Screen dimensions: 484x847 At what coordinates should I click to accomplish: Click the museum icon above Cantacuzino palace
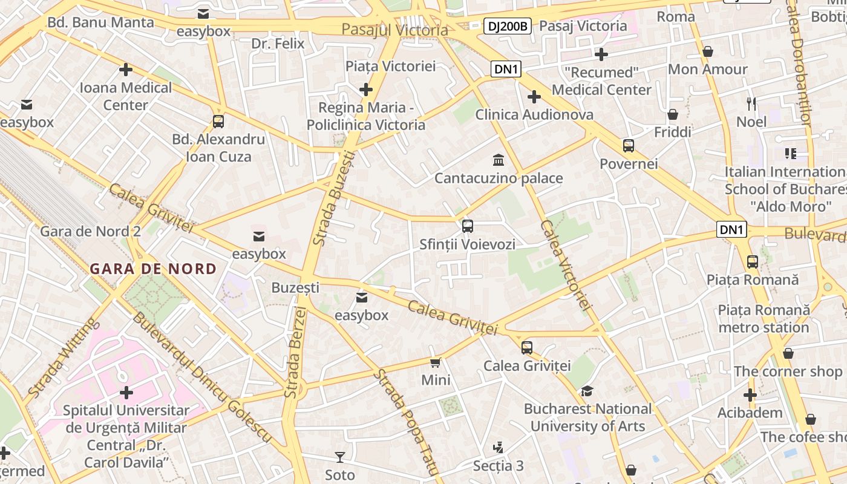[x=499, y=160]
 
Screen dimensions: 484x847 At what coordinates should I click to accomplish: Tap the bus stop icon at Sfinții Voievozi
[x=467, y=226]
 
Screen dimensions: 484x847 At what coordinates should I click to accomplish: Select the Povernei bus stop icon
[x=629, y=146]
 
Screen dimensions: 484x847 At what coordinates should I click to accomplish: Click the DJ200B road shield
[x=508, y=26]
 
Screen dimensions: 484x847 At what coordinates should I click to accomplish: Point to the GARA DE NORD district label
[x=153, y=269]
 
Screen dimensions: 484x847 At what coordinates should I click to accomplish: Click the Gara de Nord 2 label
[x=90, y=231]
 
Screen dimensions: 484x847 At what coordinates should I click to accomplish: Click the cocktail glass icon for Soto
[x=340, y=457]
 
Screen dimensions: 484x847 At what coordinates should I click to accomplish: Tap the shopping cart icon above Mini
[x=435, y=362]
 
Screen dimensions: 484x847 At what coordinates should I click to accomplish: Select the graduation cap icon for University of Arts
[x=587, y=391]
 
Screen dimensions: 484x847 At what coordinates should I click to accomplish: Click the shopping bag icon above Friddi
[x=672, y=114]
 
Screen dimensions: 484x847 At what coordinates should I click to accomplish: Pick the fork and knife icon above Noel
[x=751, y=103]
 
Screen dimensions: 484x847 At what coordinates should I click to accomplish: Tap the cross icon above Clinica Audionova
[x=534, y=97]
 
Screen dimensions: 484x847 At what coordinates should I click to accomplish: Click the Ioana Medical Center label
[x=126, y=96]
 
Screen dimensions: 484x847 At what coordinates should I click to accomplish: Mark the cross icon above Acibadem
[x=750, y=395]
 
